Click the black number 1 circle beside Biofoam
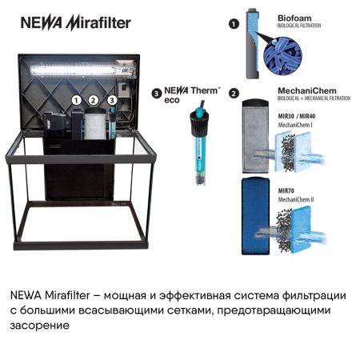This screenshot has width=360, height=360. (234, 25)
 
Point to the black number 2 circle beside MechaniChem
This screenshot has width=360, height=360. (234, 94)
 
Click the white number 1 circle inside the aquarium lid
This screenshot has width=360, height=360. (77, 100)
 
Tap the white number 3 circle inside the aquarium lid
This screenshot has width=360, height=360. (112, 100)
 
